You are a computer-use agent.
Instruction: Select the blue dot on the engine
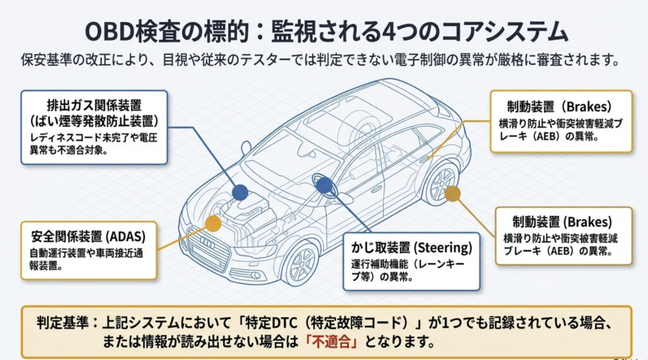(x=239, y=192)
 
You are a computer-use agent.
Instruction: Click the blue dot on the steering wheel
(x=323, y=185)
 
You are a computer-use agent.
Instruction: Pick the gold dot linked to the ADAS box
(x=213, y=223)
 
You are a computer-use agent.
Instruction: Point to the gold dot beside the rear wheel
(x=452, y=194)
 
